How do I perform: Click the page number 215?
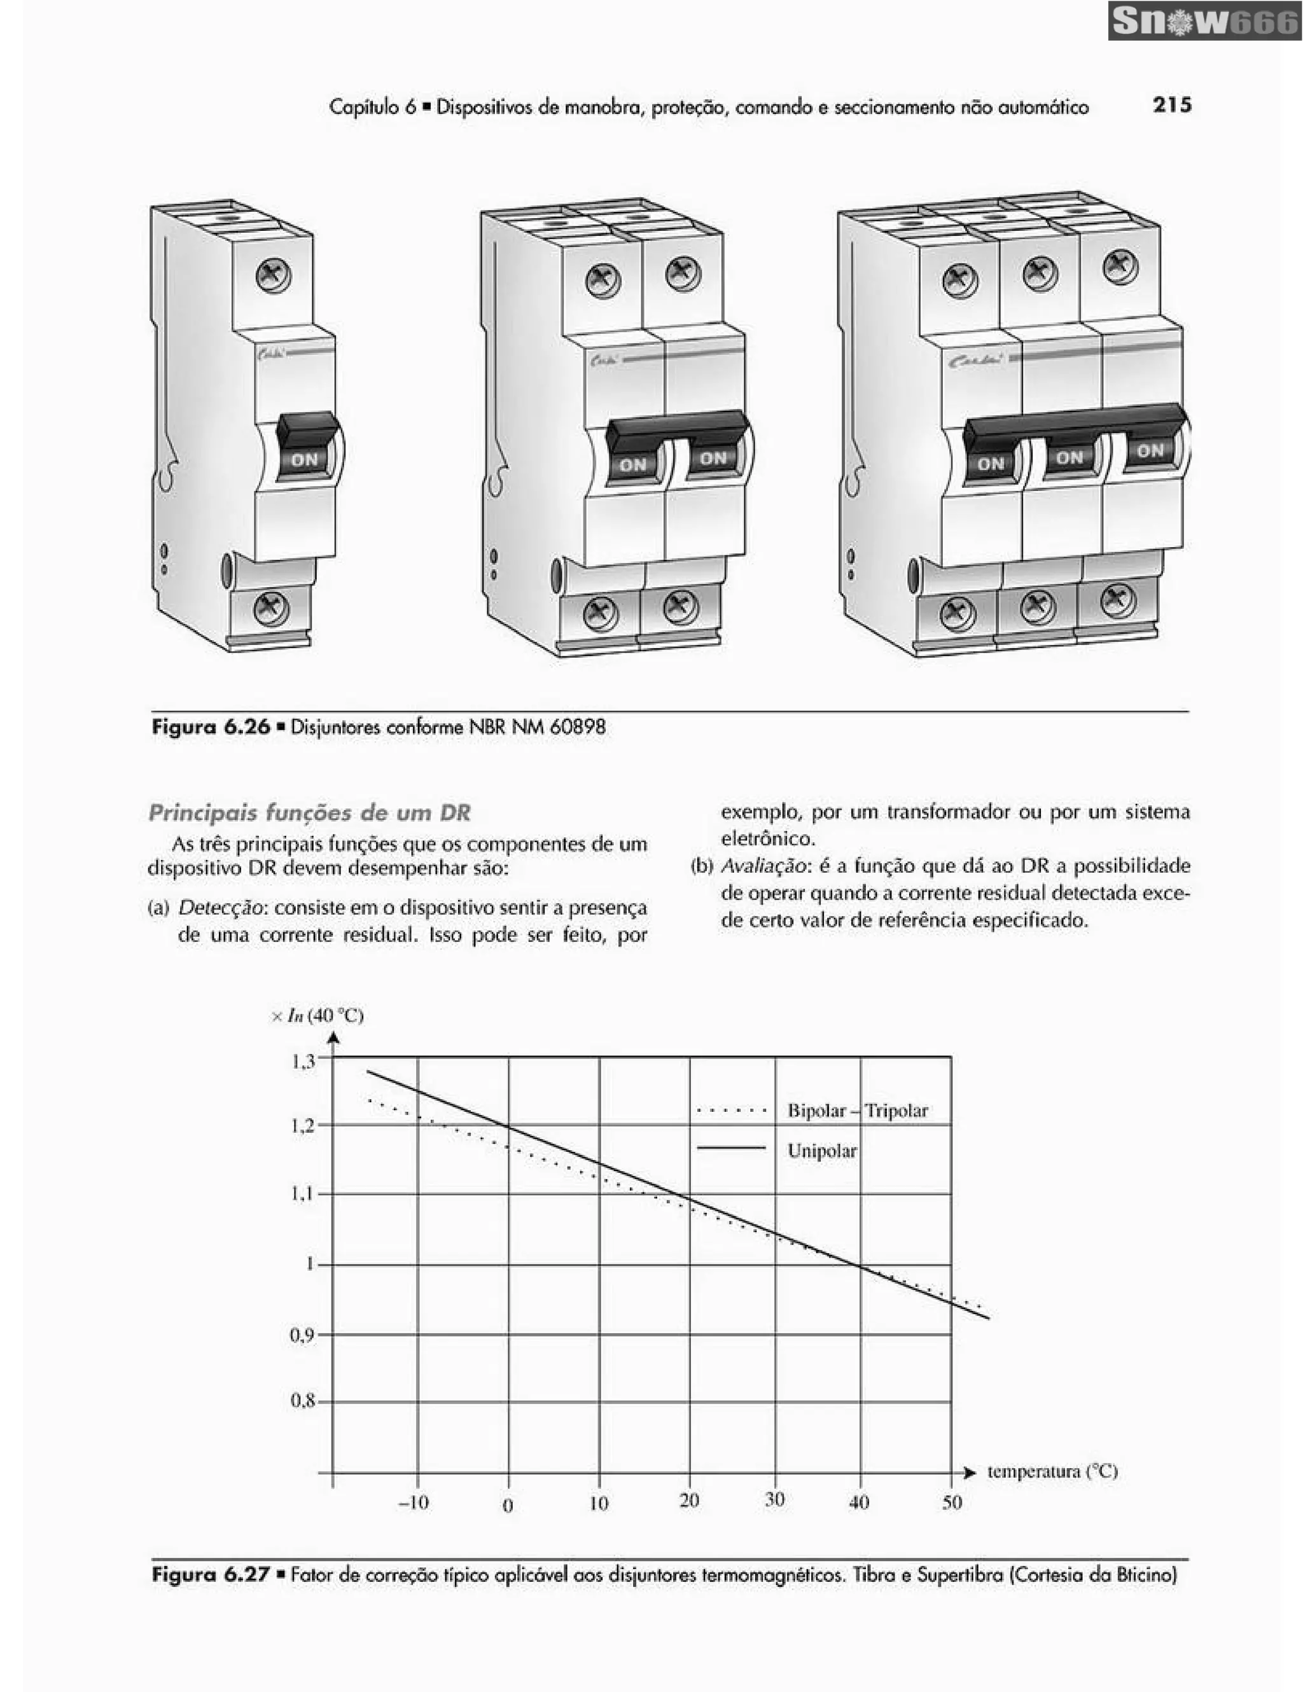point(1171,106)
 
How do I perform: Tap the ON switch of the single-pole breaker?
point(305,458)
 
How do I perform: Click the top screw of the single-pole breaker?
point(273,275)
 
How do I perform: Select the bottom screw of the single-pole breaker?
point(271,608)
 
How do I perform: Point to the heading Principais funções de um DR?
point(309,813)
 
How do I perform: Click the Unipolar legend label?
point(821,1151)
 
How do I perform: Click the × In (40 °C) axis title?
point(317,1016)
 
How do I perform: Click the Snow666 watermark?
point(1204,22)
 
